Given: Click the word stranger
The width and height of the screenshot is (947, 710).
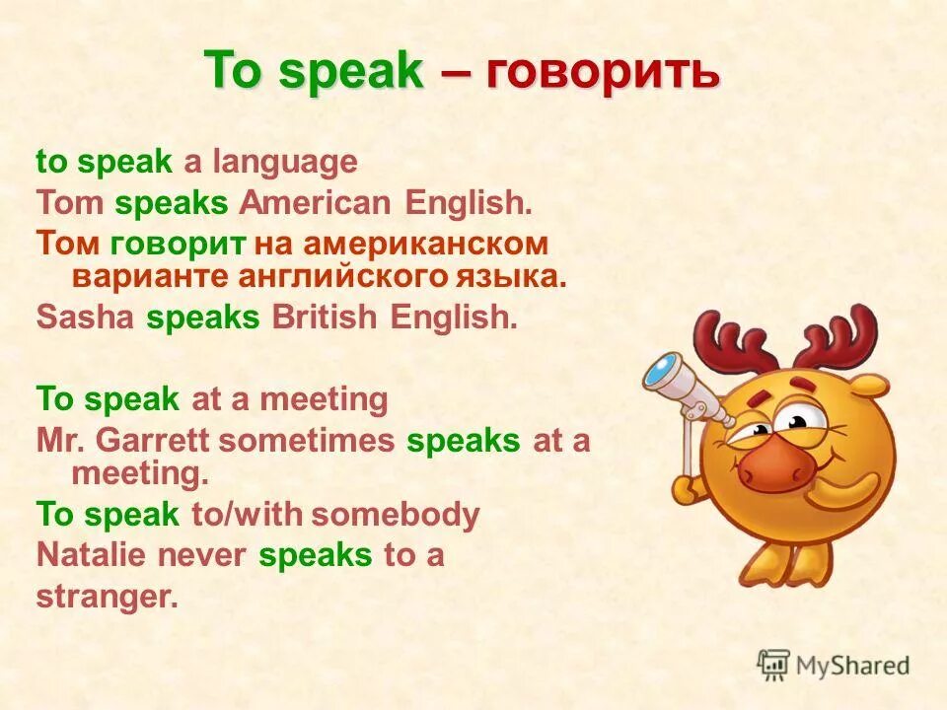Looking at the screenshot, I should (x=107, y=597).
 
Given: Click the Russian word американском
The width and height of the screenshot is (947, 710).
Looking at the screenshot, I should (x=426, y=242).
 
